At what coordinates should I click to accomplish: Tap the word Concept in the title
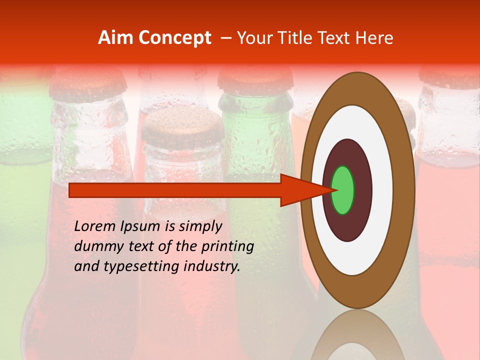(175, 37)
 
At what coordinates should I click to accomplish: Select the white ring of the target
(382, 190)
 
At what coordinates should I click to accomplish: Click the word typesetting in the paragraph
(130, 267)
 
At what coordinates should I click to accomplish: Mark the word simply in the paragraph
(200, 227)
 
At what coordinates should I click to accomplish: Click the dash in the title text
(225, 38)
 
